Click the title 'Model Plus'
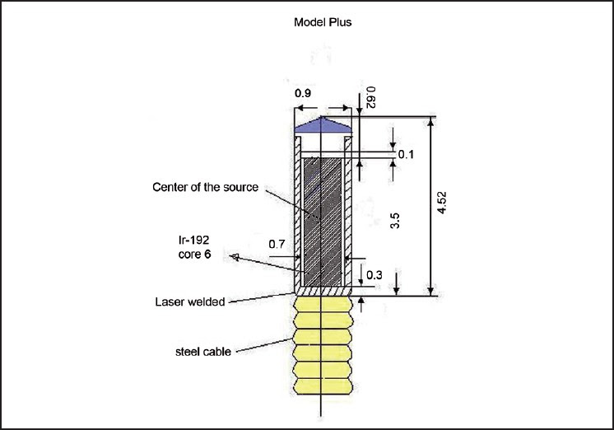pyautogui.click(x=323, y=22)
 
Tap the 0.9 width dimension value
pyautogui.click(x=303, y=93)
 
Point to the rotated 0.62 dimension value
pyautogui.click(x=370, y=97)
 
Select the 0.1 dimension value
pyautogui.click(x=407, y=154)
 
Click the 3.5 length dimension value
pyautogui.click(x=395, y=220)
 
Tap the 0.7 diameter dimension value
pyautogui.click(x=277, y=244)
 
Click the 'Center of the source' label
pyautogui.click(x=206, y=187)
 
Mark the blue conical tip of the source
pyautogui.click(x=324, y=125)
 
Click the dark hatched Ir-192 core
pyautogui.click(x=323, y=216)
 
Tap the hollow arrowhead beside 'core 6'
pyautogui.click(x=234, y=257)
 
